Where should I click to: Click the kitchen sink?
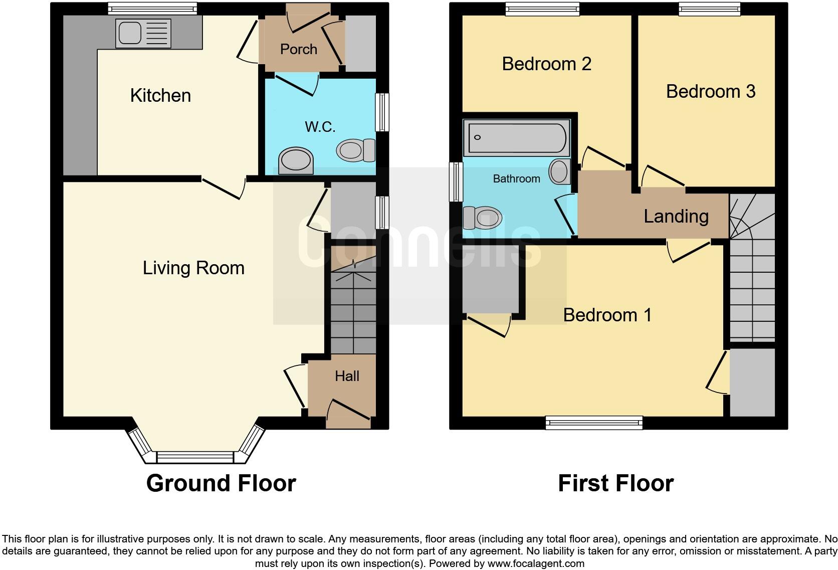pos(143,33)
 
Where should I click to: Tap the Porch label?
pos(299,49)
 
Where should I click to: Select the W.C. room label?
pos(320,126)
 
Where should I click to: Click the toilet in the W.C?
pos(356,150)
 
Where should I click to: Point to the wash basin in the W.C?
pos(296,160)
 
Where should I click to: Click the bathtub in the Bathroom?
pos(517,138)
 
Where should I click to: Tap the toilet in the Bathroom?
pos(482,218)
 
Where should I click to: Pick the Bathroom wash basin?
pos(560,171)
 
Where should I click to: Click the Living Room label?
pos(193,268)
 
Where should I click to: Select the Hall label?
pos(347,376)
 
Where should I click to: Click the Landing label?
pos(676,217)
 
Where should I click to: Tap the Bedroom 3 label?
pos(711,91)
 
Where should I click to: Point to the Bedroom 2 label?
pos(547,64)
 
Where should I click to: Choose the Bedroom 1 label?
pos(607,315)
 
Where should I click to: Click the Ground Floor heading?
pos(221,483)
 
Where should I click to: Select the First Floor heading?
pos(616,483)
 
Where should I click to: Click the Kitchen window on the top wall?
pos(153,9)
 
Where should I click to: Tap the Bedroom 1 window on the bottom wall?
pos(594,423)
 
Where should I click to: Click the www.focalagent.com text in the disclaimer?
pos(536,563)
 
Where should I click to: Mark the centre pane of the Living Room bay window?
pos(194,457)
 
